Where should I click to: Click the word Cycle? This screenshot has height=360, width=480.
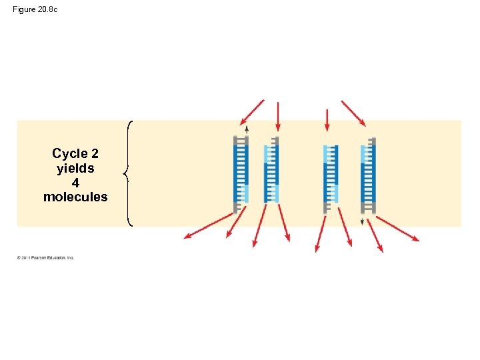click(x=70, y=154)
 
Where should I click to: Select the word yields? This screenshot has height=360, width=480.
click(x=75, y=169)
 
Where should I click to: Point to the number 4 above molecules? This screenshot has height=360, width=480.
click(x=75, y=183)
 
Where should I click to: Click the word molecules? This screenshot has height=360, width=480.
click(x=75, y=197)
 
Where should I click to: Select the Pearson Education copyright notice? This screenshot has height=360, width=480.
click(x=45, y=257)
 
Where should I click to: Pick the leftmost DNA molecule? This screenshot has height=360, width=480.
click(x=241, y=174)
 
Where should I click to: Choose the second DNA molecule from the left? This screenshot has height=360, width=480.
click(x=271, y=174)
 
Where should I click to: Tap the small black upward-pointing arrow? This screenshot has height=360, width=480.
click(x=247, y=129)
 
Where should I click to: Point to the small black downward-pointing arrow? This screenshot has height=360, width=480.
click(x=362, y=221)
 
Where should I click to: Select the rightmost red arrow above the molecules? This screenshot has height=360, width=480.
click(x=353, y=113)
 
